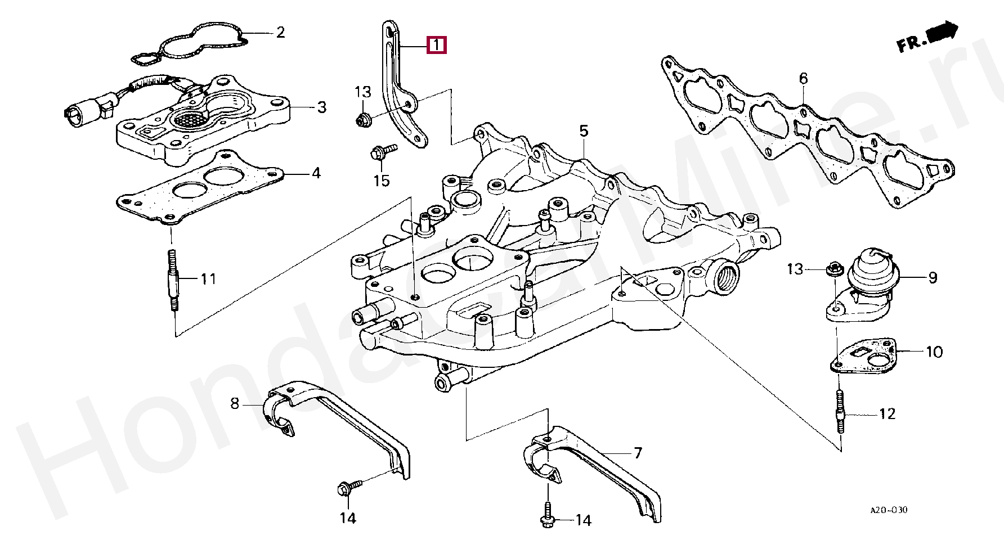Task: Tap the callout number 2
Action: pos(280,32)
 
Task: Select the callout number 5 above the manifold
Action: pos(584,132)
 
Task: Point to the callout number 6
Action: pos(803,79)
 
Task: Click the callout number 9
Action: pos(933,277)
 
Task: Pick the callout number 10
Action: pos(934,352)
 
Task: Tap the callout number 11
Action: pos(209,278)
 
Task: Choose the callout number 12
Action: pos(887,414)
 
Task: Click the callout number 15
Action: pos(382,181)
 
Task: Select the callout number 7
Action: pos(637,453)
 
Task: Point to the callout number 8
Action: pos(235,403)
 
